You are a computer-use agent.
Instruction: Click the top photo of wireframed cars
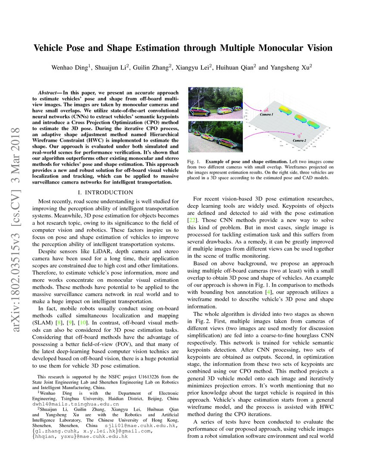pyautogui.click(x=216, y=104)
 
